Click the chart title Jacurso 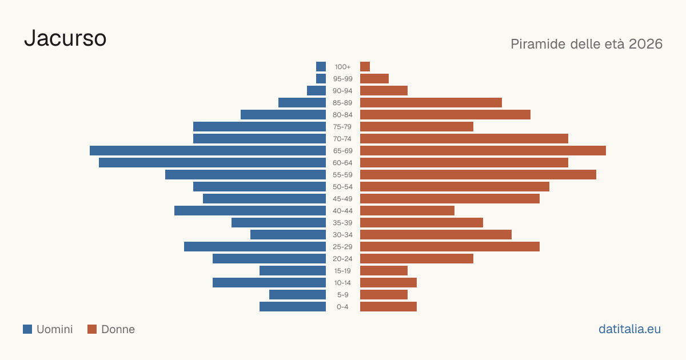click(x=65, y=38)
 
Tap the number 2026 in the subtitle click(x=645, y=44)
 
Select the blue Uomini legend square click(x=27, y=329)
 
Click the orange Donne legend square click(x=92, y=329)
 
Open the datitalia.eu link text click(x=629, y=329)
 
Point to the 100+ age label click(x=342, y=67)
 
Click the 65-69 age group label click(x=342, y=151)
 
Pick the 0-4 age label click(x=342, y=307)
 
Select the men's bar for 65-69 click(x=208, y=151)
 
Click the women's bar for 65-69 click(x=483, y=151)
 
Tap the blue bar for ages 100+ click(x=321, y=66)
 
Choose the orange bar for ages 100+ click(x=365, y=66)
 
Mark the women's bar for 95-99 click(x=374, y=79)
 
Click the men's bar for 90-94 click(x=316, y=91)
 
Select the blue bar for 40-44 click(x=250, y=211)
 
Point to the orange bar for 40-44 click(x=407, y=211)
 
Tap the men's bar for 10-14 click(x=269, y=282)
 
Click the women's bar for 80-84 click(x=445, y=115)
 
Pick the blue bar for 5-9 click(x=297, y=294)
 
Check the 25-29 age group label click(x=342, y=247)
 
